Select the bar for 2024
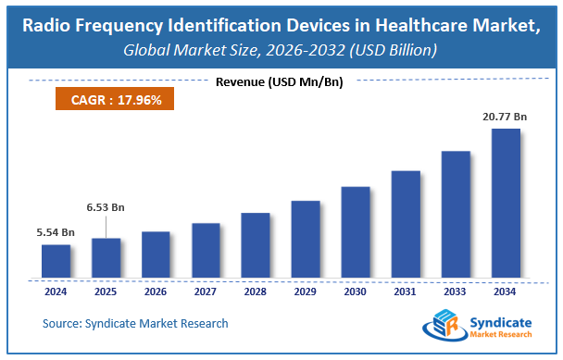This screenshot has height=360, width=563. (56, 261)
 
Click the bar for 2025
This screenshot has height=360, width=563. (106, 257)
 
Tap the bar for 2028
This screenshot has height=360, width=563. (256, 245)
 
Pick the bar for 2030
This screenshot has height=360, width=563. (356, 231)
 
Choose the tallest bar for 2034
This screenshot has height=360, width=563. (506, 203)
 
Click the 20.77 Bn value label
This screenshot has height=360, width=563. (504, 118)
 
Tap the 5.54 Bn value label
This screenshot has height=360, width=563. (56, 233)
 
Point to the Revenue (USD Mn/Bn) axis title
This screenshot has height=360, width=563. (279, 82)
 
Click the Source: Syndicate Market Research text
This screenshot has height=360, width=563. (135, 323)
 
